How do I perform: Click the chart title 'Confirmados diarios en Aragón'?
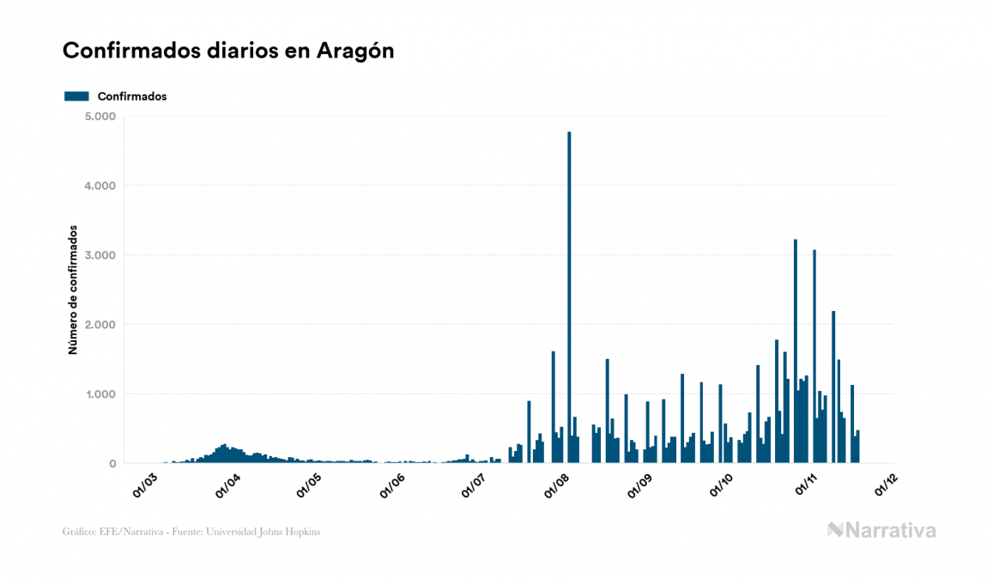click(x=228, y=51)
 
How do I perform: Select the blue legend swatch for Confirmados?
click(x=76, y=96)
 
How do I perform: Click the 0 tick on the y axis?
click(x=112, y=464)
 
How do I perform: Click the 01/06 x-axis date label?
click(x=394, y=484)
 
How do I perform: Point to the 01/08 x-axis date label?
click(x=559, y=484)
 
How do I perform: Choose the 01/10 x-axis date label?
click(x=723, y=484)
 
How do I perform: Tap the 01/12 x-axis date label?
click(x=887, y=484)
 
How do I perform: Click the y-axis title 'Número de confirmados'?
click(x=73, y=290)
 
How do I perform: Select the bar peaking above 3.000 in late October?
click(x=796, y=352)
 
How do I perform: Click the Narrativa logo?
click(x=881, y=530)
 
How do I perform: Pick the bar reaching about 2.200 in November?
click(x=833, y=387)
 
